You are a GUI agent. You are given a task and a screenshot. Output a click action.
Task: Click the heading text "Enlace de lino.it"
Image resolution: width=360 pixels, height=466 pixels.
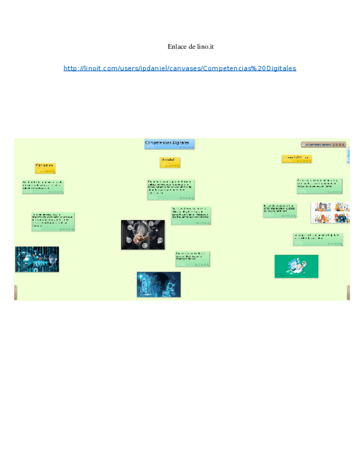190,47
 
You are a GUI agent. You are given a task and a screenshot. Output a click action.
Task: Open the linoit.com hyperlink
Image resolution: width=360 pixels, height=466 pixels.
180,68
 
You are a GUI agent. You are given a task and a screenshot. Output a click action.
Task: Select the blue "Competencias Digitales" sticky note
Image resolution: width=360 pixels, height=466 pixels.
169,144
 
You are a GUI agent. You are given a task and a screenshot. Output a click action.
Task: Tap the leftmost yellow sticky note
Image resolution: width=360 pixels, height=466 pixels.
45,168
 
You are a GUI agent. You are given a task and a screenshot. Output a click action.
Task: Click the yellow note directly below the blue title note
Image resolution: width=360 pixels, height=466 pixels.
170,162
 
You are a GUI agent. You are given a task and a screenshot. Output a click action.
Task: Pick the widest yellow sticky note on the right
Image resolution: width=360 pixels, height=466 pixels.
297,159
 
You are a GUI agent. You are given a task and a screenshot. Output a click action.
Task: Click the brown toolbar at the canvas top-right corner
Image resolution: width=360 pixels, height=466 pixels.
324,145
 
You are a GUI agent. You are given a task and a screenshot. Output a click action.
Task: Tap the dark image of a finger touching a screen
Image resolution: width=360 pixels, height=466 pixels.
143,235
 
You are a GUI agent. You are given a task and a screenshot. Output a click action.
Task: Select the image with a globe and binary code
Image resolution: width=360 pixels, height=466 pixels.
37,259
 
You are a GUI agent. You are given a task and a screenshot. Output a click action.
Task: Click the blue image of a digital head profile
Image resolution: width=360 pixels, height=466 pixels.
158,284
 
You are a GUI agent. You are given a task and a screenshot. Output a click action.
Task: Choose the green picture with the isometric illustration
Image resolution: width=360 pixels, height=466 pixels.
296,266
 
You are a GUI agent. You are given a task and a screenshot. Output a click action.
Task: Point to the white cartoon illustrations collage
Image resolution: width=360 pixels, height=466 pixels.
330,213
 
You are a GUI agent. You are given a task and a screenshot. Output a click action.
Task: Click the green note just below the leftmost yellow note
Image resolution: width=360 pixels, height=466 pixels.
43,186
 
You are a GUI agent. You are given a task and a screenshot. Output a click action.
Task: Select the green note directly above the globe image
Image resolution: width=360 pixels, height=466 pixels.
53,221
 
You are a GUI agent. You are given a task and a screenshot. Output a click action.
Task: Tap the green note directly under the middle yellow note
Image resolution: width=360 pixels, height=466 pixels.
170,190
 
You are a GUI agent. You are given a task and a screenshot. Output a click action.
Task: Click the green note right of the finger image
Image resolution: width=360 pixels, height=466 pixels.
191,215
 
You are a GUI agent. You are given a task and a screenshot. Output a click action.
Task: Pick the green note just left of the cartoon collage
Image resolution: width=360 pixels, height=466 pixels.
280,210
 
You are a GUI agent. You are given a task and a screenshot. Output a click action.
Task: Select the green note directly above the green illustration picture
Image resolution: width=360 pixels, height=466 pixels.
318,239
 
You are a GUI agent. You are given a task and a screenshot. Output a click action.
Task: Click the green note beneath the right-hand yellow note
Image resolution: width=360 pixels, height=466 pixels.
319,186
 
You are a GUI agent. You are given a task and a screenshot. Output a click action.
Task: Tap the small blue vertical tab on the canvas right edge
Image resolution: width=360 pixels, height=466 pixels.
348,155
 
